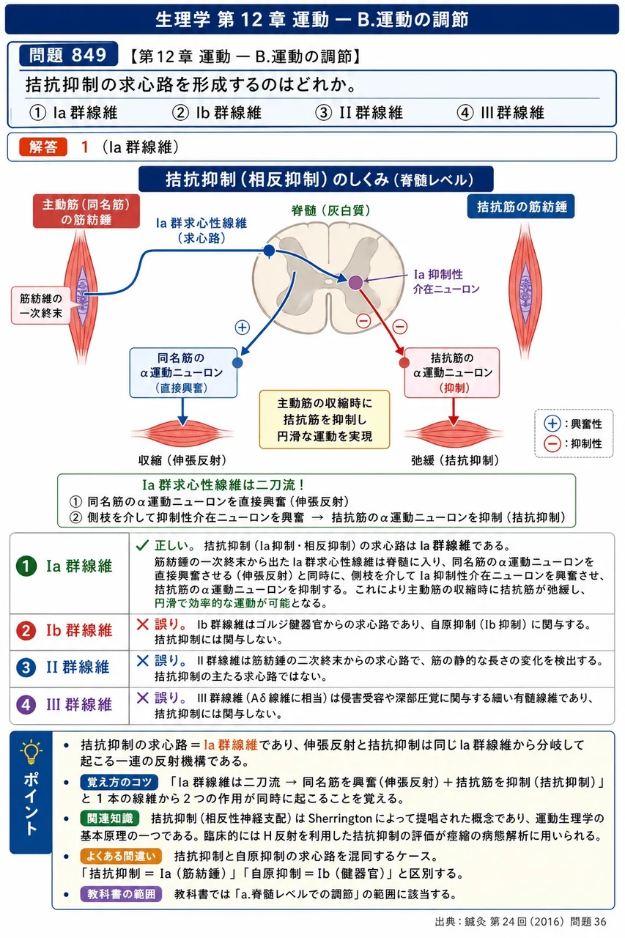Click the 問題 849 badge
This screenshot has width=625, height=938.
point(68,54)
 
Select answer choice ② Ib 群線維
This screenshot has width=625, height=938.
point(217,113)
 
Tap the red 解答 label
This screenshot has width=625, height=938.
point(43,147)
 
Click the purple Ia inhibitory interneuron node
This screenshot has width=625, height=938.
point(355,282)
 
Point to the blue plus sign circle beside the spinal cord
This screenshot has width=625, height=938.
point(243,327)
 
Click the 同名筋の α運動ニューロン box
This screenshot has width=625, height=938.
point(183,372)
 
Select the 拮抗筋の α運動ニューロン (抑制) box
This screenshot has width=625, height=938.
point(451,372)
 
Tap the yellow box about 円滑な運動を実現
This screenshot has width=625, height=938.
point(325,420)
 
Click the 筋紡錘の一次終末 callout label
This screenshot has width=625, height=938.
point(40,306)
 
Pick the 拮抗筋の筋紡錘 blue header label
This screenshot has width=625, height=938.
point(521,207)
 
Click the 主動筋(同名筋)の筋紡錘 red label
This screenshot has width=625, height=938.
point(86,212)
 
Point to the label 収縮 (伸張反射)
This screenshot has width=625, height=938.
point(182,461)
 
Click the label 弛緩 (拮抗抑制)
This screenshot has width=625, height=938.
point(455,461)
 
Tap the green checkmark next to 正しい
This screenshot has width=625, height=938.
point(142,544)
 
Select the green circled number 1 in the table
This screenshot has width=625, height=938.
point(26,566)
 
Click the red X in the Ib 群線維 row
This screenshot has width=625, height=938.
point(143,624)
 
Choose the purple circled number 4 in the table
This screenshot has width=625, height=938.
point(26,705)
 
